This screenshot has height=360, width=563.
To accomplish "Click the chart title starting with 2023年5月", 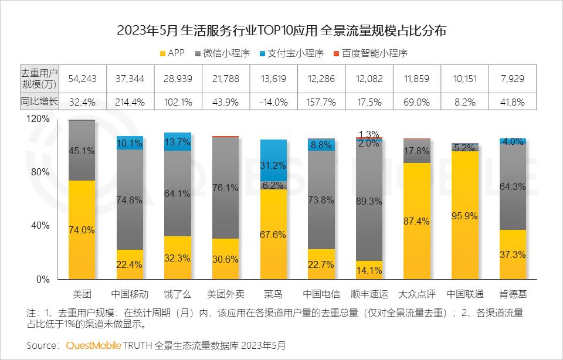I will pyautogui.click(x=281, y=31).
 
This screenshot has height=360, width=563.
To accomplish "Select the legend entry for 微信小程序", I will pyautogui.click(x=225, y=53).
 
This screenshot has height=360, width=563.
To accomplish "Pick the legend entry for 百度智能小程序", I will pyautogui.click(x=369, y=53).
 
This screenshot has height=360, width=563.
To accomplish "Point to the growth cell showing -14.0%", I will pyautogui.click(x=273, y=101).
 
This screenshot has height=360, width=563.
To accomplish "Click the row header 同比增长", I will pyautogui.click(x=39, y=101).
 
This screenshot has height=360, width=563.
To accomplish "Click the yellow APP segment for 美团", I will pyautogui.click(x=82, y=230).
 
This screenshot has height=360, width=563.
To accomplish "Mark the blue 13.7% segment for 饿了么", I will pyautogui.click(x=178, y=142).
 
